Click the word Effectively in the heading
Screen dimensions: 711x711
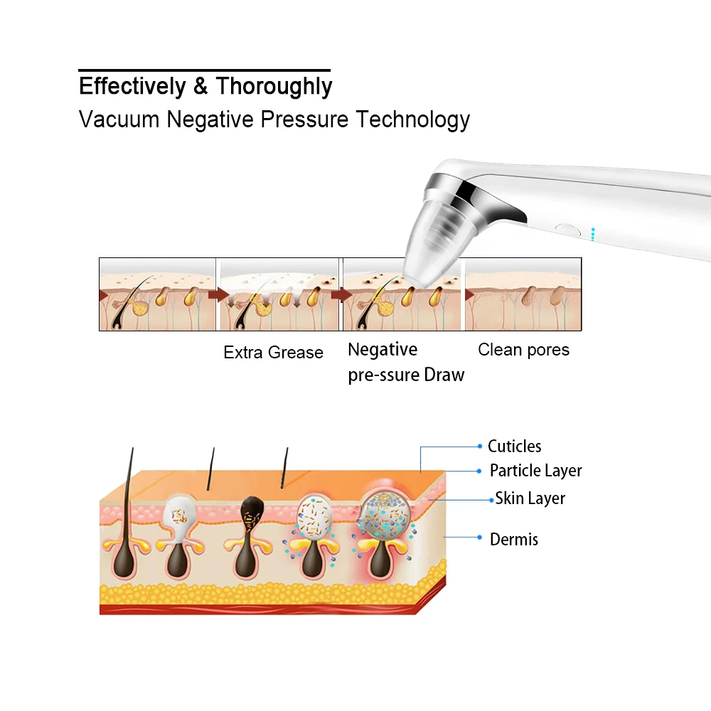pos(132,86)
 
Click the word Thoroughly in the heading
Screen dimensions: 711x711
pos(274,86)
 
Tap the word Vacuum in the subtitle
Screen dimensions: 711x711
pos(119,119)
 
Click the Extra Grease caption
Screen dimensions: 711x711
pos(273,353)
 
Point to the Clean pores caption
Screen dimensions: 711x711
pos(523,350)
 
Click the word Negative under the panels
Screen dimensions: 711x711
pos(382,350)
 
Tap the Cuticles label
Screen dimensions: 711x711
pos(514,447)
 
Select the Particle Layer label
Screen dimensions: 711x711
pos(535,471)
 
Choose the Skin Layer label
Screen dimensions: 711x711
pos(530,498)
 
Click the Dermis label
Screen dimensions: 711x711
pos(513,539)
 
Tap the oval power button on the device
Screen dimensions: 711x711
pos(568,230)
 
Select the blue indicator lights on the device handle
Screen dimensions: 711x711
pos(592,234)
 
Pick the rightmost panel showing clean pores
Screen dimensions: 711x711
pos(523,294)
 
